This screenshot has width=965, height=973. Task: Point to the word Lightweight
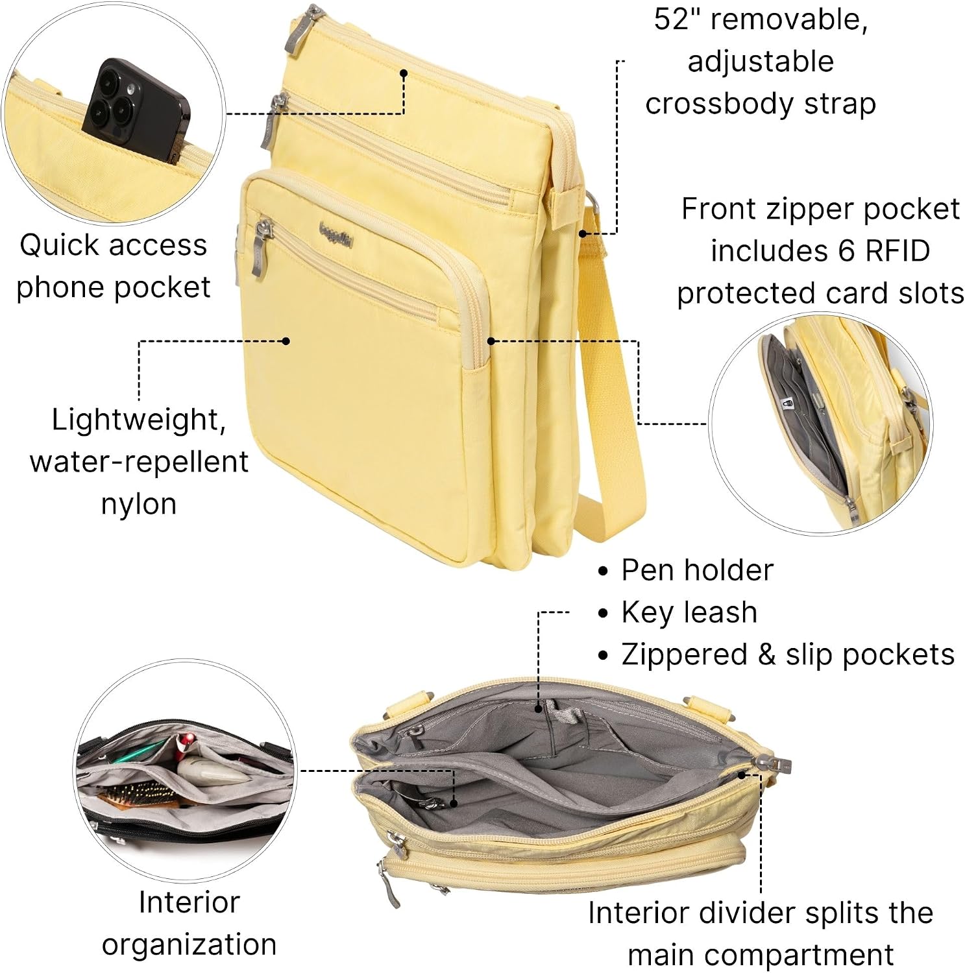pos(139,420)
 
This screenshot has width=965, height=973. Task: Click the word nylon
pos(139,504)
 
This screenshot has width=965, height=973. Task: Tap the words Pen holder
pos(698,570)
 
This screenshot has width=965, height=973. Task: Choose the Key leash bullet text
pos(689,612)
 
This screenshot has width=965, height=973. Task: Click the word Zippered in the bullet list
pos(684,655)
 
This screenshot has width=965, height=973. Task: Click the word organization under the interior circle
pos(189,945)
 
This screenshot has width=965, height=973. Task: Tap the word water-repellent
pos(139,462)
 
